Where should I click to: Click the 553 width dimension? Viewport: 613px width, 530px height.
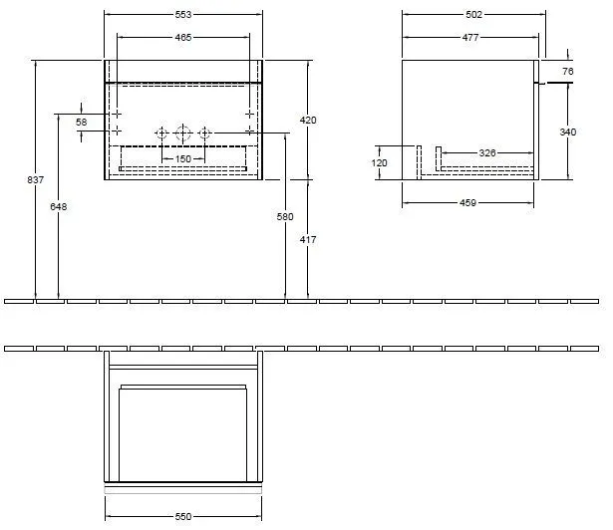[183, 15]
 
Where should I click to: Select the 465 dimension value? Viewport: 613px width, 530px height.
[183, 37]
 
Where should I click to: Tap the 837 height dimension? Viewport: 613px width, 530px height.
[36, 180]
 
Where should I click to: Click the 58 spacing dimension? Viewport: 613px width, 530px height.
[82, 122]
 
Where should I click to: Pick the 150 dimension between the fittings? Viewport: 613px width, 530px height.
[183, 158]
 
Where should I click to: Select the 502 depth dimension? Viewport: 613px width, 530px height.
[473, 15]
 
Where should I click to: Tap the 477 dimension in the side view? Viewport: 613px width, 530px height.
[468, 37]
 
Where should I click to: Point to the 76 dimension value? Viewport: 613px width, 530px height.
[567, 72]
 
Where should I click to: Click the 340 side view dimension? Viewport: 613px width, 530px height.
[567, 132]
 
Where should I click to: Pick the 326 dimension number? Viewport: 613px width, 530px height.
[487, 152]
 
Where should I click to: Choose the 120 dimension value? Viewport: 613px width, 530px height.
[380, 163]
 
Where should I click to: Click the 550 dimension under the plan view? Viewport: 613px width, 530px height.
[183, 517]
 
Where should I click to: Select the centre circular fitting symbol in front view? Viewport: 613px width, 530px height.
[182, 132]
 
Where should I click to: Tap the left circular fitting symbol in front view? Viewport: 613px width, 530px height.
[159, 132]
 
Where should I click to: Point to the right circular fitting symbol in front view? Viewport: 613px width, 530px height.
[204, 132]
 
